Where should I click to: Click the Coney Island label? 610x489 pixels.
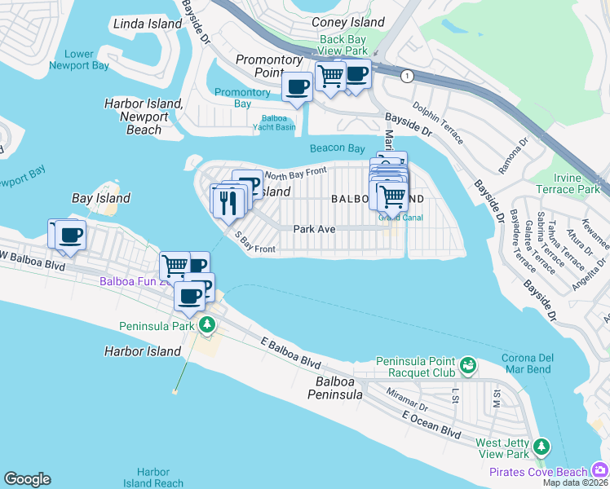tap(348, 23)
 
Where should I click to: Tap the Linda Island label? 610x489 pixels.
tap(148, 24)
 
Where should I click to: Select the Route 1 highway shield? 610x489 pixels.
tap(405, 76)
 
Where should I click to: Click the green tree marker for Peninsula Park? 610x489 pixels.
tap(208, 326)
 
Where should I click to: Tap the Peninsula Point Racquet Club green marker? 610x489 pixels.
tap(468, 365)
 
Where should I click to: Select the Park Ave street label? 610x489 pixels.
tap(315, 230)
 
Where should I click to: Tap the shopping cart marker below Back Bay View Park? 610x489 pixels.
tap(330, 76)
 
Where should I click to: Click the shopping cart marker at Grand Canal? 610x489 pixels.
tap(392, 196)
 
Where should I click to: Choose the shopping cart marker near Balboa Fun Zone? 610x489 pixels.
tap(175, 265)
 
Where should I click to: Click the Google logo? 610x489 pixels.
tap(27, 479)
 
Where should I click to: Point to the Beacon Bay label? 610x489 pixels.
tap(337, 148)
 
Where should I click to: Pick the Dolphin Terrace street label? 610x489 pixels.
tap(437, 117)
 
